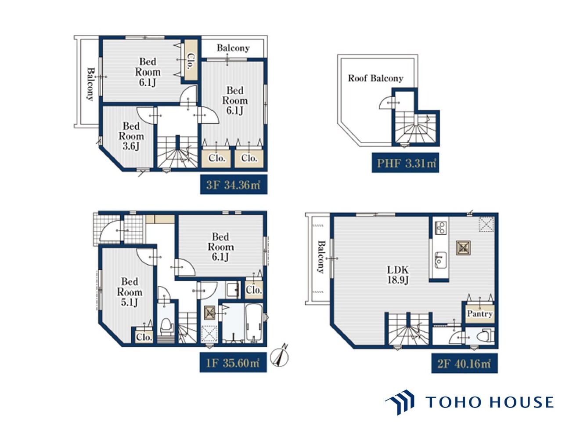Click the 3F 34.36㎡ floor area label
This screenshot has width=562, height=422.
click(234, 185)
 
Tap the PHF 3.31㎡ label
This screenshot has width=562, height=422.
click(405, 163)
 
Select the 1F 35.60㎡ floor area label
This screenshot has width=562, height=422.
click(233, 362)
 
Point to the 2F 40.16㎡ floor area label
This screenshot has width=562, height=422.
click(465, 364)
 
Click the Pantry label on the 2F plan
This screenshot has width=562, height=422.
click(480, 313)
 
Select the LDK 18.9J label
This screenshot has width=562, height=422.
click(397, 275)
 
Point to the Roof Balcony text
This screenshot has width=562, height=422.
click(375, 78)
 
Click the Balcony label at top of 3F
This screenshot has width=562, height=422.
click(233, 48)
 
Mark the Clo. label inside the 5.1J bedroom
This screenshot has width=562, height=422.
click(144, 337)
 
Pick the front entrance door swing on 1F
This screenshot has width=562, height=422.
click(110, 231)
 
